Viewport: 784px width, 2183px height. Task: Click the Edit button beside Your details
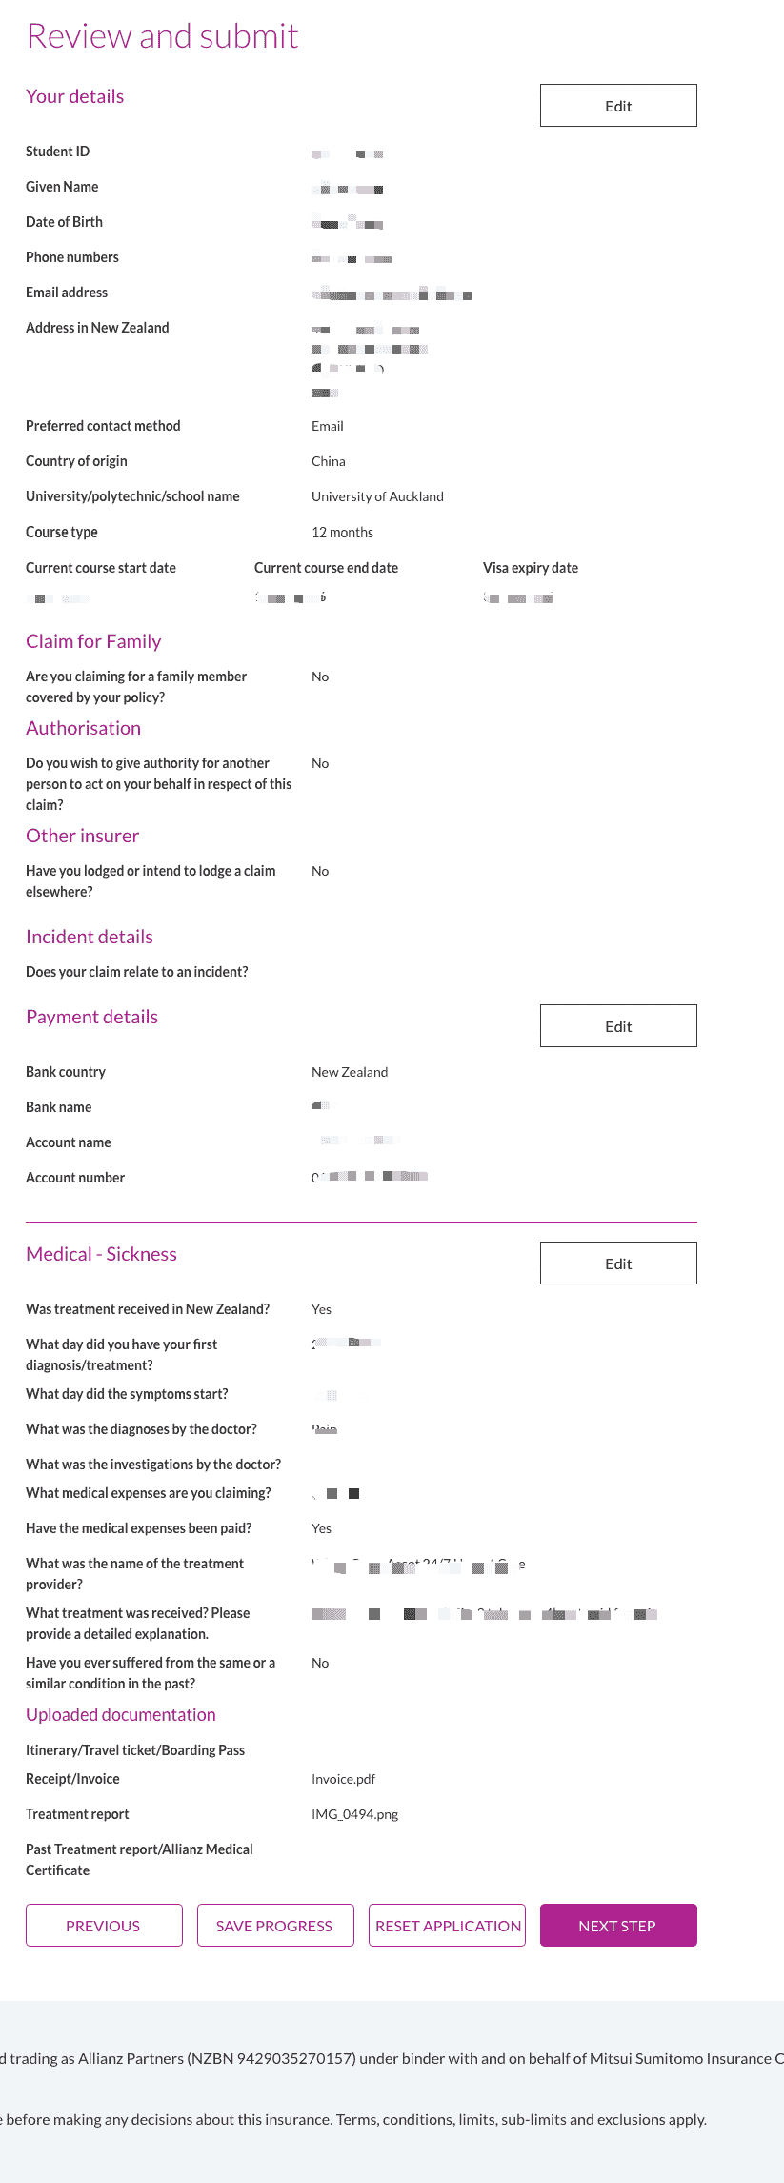click(x=618, y=106)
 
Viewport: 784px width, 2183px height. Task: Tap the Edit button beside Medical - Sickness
click(x=618, y=1263)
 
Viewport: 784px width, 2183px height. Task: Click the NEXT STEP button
click(x=618, y=1926)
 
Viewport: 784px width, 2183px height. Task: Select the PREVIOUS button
click(x=104, y=1926)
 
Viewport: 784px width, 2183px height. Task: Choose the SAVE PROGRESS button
click(x=275, y=1926)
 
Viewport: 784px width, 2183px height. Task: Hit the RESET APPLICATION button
click(x=447, y=1926)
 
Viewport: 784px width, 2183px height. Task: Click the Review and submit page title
click(x=163, y=36)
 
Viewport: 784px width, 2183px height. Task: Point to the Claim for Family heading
click(x=93, y=641)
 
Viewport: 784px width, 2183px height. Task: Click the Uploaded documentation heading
click(x=121, y=1715)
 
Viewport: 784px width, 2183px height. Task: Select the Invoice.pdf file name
click(x=343, y=1779)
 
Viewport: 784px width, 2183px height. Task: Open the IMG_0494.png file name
click(x=354, y=1814)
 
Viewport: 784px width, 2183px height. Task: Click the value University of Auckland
click(x=377, y=496)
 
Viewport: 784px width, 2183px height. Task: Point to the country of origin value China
click(x=329, y=461)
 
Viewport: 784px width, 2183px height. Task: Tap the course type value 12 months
click(x=342, y=533)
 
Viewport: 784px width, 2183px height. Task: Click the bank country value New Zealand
click(x=350, y=1072)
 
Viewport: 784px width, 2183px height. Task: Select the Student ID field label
click(x=58, y=152)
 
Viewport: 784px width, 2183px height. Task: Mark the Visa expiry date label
click(x=531, y=568)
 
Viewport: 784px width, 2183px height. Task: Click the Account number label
click(x=75, y=1178)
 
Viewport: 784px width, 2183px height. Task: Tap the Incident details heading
click(x=90, y=937)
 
